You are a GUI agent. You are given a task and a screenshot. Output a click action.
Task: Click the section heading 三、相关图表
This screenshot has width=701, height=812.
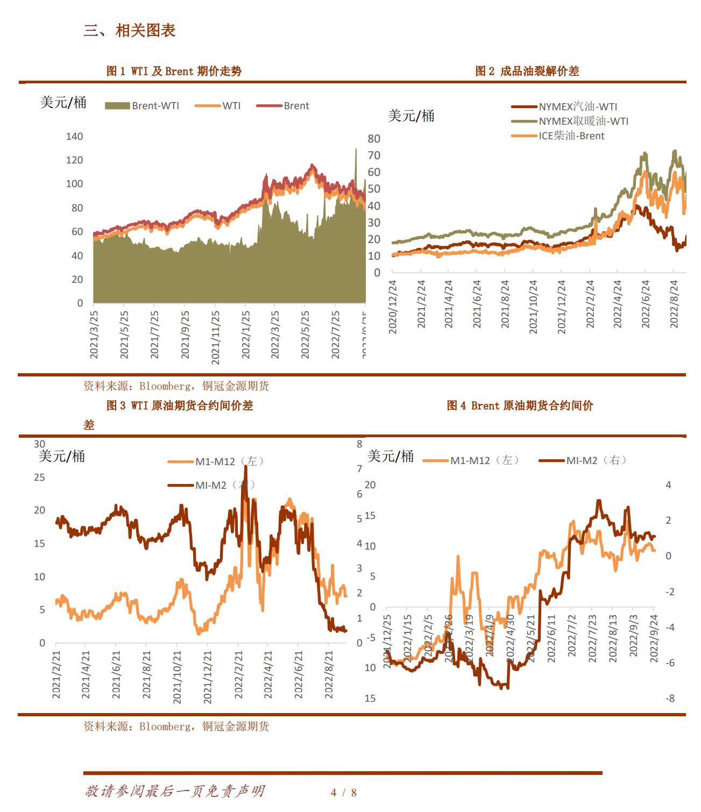coord(130,31)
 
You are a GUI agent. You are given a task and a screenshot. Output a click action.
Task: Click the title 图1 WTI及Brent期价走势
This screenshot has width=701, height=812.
coord(174,71)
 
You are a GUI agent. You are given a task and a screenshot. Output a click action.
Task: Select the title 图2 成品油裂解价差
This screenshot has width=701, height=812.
coord(527,71)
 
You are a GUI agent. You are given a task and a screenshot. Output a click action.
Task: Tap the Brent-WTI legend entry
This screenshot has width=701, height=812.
coord(143,106)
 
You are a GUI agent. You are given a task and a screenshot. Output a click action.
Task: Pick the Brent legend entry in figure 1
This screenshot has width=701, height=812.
coord(284,106)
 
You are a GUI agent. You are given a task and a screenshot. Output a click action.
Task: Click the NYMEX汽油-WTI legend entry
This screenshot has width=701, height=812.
coord(565,106)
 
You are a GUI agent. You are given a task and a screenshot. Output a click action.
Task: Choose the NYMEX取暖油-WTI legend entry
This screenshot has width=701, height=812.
coord(570,121)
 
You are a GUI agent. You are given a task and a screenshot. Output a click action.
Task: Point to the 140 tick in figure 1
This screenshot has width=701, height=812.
coord(74,137)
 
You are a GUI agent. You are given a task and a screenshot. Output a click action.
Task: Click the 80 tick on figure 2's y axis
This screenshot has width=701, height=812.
coord(374,139)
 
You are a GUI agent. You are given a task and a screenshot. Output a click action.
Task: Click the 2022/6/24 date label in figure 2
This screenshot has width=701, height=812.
coord(646,304)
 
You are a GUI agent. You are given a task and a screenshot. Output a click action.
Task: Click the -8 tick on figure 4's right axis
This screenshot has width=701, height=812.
coord(669,699)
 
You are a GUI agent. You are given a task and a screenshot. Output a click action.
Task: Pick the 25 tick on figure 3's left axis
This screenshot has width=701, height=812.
coord(39,477)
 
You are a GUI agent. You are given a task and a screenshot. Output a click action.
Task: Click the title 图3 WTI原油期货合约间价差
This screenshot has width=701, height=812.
coord(179,405)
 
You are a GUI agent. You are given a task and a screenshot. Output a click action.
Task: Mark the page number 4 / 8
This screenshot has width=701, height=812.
coord(344,792)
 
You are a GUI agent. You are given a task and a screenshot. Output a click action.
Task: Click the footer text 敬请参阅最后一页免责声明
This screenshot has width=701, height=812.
coord(174,791)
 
